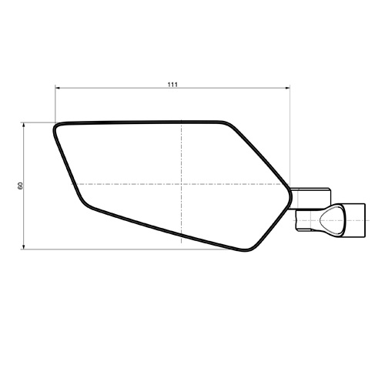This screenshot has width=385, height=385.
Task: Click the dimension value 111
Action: point(172,85)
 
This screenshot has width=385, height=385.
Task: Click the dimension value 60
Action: point(20,186)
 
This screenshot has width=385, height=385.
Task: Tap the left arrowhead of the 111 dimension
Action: point(58,88)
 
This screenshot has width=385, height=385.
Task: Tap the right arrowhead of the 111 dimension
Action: point(287,88)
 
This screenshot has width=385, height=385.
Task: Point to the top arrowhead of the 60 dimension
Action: point(24,125)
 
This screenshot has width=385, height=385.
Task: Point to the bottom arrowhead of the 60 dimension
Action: point(24,246)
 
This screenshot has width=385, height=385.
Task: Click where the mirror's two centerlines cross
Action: point(182,184)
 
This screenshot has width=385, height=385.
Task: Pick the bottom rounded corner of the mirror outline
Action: point(247,250)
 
